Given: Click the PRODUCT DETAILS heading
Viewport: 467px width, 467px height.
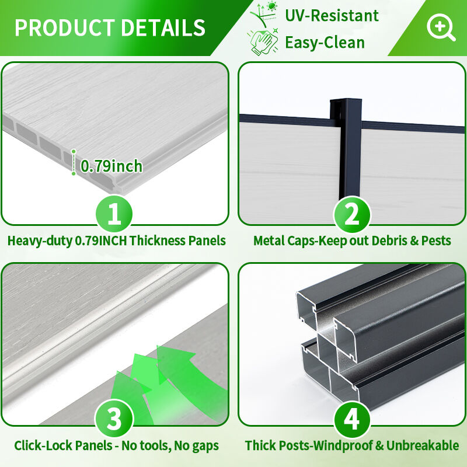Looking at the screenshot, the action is pyautogui.click(x=110, y=27).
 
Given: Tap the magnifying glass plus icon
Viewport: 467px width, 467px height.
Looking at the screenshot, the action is pyautogui.click(x=441, y=27).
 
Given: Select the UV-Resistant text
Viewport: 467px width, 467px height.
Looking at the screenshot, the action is pyautogui.click(x=332, y=16).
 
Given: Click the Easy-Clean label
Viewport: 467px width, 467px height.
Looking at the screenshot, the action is pyautogui.click(x=325, y=42).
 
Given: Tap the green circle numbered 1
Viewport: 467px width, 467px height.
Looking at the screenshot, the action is pyautogui.click(x=114, y=214).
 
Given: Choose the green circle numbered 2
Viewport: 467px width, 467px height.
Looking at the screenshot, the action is pyautogui.click(x=352, y=214).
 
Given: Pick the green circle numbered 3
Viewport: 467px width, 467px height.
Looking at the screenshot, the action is pyautogui.click(x=114, y=419).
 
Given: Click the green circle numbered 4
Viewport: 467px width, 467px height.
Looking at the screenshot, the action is pyautogui.click(x=352, y=420).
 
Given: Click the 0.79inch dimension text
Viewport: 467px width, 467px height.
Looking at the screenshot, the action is pyautogui.click(x=111, y=166).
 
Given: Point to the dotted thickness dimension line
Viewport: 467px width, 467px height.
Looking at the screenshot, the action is pyautogui.click(x=74, y=162).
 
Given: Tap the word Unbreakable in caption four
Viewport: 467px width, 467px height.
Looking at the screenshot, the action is pyautogui.click(x=423, y=445).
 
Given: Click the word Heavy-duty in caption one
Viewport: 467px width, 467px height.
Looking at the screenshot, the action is pyautogui.click(x=40, y=241).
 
